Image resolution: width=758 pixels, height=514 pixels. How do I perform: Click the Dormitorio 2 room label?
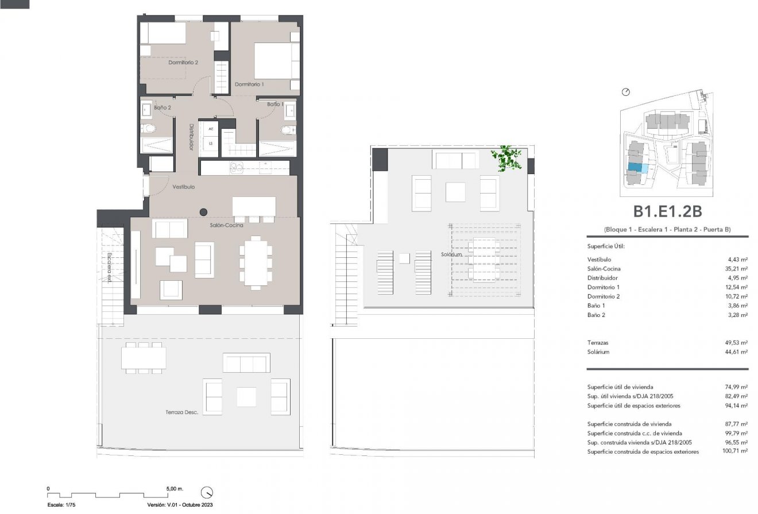click(x=183, y=63)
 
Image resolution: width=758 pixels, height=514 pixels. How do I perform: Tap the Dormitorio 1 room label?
click(x=249, y=84)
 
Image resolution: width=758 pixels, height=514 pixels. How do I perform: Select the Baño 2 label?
click(x=162, y=107)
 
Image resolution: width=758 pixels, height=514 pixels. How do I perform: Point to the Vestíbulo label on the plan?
click(x=183, y=187)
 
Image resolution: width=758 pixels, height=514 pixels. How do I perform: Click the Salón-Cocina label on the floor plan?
click(x=226, y=225)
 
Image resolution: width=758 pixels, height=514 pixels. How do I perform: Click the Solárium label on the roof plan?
click(x=452, y=254)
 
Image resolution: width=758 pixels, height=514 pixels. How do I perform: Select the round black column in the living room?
click(x=204, y=211)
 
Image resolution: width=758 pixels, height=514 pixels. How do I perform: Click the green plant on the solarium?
click(x=506, y=157)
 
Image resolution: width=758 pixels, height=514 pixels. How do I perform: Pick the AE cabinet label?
click(x=211, y=129)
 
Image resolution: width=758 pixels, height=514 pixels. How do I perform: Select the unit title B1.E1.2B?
click(x=667, y=212)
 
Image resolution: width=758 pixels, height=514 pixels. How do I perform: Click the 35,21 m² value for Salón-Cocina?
click(x=736, y=269)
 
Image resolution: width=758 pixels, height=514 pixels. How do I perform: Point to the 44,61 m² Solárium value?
click(x=736, y=352)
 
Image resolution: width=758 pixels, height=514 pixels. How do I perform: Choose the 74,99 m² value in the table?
click(x=736, y=387)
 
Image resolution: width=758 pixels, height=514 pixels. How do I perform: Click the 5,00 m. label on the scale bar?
click(x=175, y=489)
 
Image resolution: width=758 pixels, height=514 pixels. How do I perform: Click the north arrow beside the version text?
click(x=207, y=493)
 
